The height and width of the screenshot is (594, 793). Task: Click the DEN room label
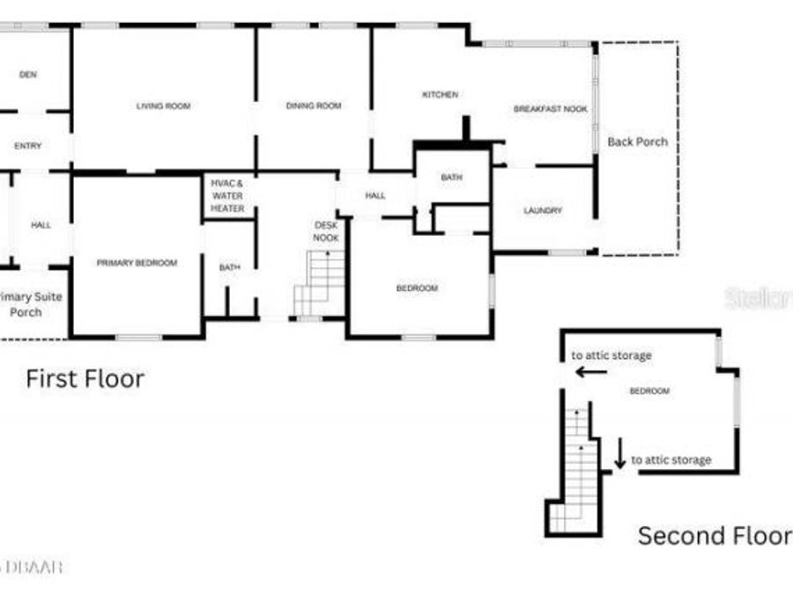pyautogui.click(x=28, y=75)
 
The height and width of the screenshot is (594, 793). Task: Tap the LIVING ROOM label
pyautogui.click(x=163, y=106)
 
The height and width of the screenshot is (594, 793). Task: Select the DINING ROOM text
pyautogui.click(x=314, y=106)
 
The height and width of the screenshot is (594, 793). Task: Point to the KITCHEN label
pyautogui.click(x=440, y=94)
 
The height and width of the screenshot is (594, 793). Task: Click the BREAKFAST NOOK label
pyautogui.click(x=550, y=109)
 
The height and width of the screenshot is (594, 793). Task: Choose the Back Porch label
pyautogui.click(x=637, y=141)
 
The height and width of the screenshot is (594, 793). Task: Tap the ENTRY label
pyautogui.click(x=28, y=146)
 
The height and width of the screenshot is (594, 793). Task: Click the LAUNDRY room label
pyautogui.click(x=542, y=210)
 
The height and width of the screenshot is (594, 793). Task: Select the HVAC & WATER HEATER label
pyautogui.click(x=226, y=195)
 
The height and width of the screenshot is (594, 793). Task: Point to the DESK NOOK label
pyautogui.click(x=326, y=231)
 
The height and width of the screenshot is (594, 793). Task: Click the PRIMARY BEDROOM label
pyautogui.click(x=137, y=262)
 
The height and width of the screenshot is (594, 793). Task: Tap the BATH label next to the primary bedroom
pyautogui.click(x=229, y=267)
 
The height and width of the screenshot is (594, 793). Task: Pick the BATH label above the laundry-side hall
pyautogui.click(x=451, y=178)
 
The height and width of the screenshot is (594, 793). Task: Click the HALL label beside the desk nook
pyautogui.click(x=375, y=195)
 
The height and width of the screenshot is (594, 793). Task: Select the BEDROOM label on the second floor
pyautogui.click(x=648, y=391)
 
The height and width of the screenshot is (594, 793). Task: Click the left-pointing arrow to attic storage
pyautogui.click(x=590, y=372)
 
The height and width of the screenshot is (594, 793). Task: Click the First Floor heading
pyautogui.click(x=85, y=378)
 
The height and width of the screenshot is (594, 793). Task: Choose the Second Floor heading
pyautogui.click(x=714, y=535)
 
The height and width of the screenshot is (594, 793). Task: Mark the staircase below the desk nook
pyautogui.click(x=319, y=282)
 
